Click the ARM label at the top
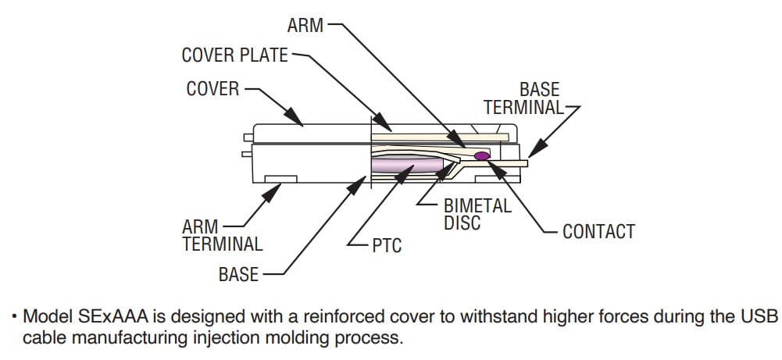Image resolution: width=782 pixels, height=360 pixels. [304, 25]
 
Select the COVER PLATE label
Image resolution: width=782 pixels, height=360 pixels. [234, 55]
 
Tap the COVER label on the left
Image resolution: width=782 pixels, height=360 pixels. [212, 89]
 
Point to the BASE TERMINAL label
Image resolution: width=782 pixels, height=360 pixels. [523, 99]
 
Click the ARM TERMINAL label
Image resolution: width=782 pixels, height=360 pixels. [223, 235]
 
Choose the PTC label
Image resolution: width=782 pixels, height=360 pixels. [387, 247]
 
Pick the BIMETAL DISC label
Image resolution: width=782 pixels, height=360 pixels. [477, 215]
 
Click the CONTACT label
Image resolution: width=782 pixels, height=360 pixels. [598, 232]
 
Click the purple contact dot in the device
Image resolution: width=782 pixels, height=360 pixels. [482, 156]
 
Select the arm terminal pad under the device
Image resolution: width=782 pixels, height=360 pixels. [280, 179]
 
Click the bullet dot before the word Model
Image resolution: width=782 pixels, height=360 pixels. [14, 317]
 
